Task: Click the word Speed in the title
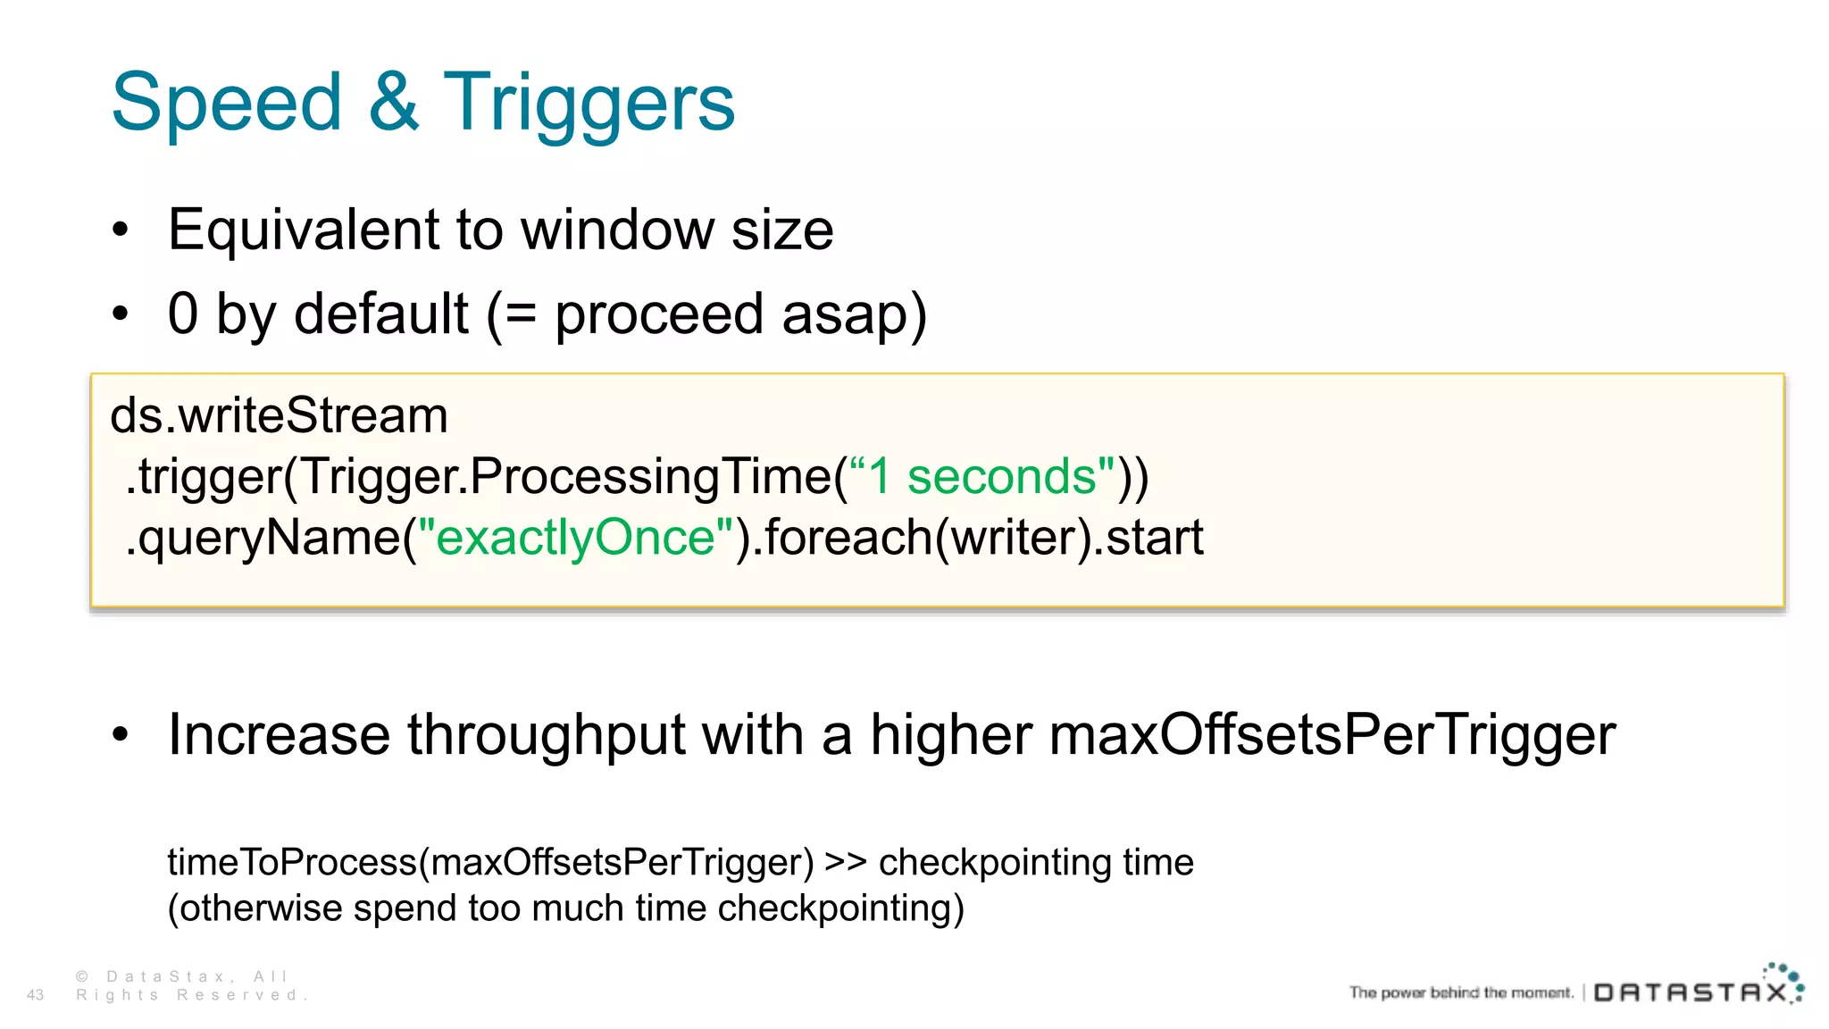(227, 103)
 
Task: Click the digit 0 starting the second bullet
(183, 314)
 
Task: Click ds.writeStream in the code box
(279, 416)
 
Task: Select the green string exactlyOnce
(576, 538)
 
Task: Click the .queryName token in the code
(263, 539)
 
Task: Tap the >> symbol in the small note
(845, 863)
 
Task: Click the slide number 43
(36, 995)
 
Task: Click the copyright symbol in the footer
(82, 977)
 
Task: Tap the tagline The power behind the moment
(1461, 992)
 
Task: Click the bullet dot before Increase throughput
(121, 734)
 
